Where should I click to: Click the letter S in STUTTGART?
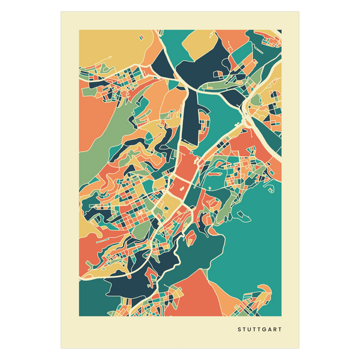[239, 329]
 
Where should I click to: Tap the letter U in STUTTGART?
[249, 329]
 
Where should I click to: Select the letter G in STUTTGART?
[263, 329]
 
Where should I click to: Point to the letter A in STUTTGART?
[269, 329]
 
